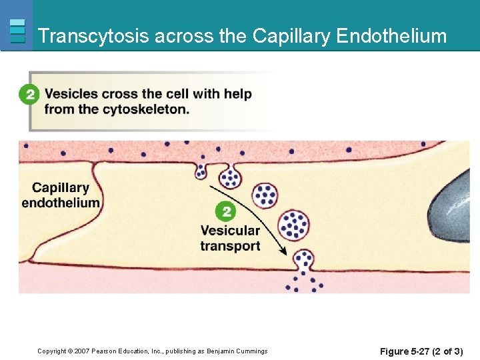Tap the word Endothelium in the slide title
point(391,36)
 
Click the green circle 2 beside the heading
point(29,94)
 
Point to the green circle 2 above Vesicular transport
point(225,212)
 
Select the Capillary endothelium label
point(61,195)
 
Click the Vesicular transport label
point(230,238)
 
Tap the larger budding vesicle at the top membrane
point(230,177)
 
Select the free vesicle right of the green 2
point(266,195)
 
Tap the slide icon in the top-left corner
point(18,31)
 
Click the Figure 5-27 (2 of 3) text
point(421,351)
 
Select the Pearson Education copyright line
point(152,351)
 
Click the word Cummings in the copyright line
point(251,351)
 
